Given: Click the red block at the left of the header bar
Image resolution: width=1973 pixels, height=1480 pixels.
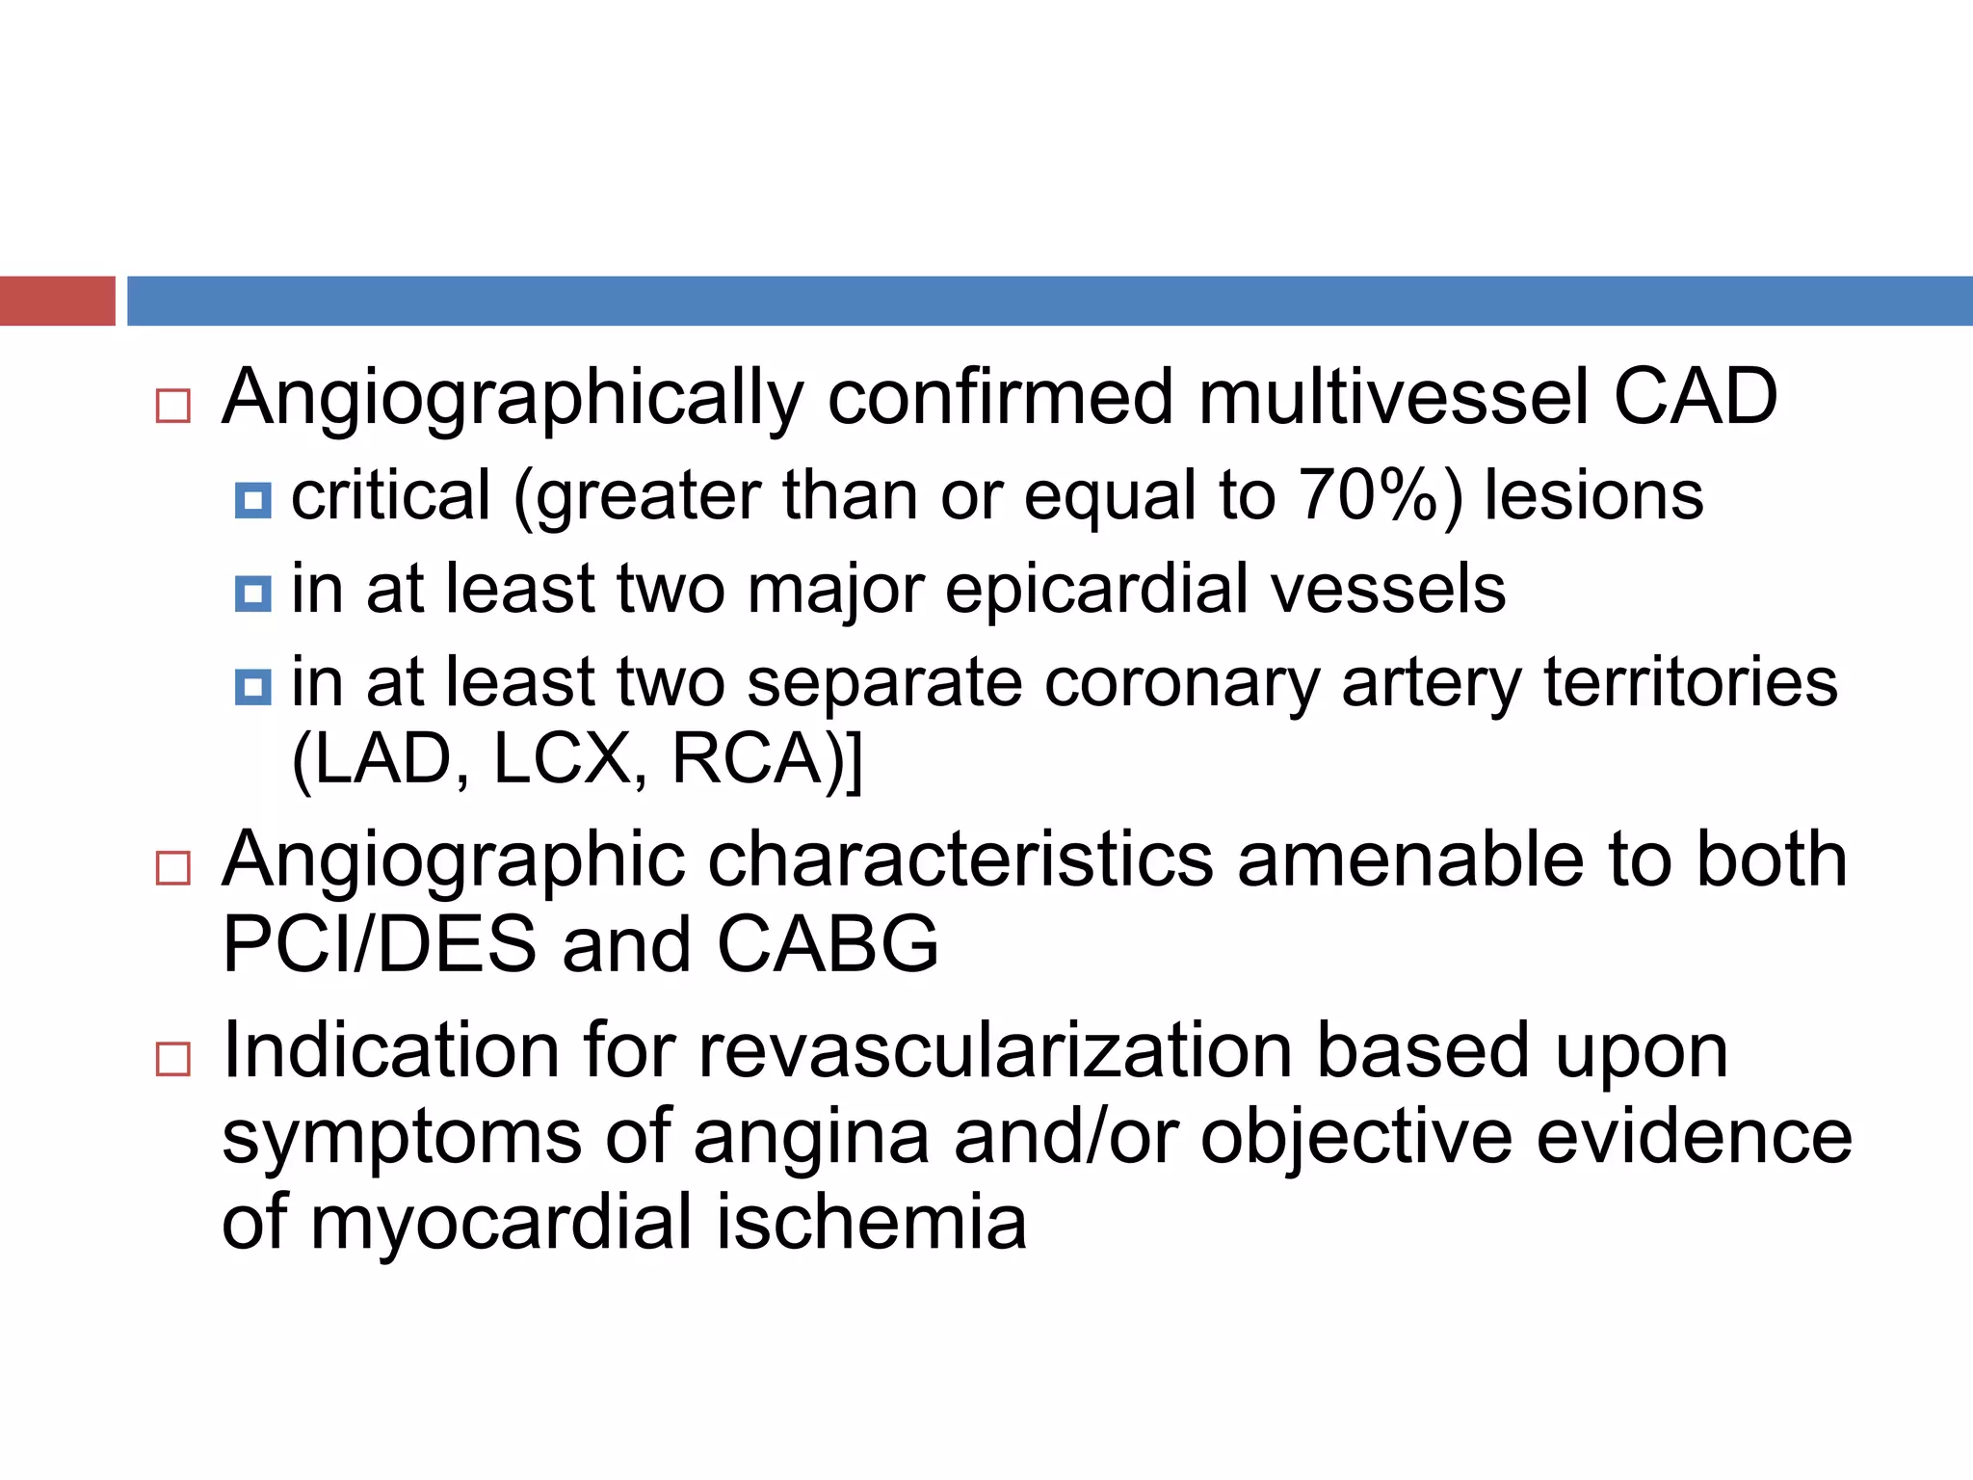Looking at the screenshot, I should [x=57, y=301].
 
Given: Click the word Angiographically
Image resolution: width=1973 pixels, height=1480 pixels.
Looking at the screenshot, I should [x=513, y=398].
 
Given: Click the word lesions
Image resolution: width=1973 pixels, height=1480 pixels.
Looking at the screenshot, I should [x=1593, y=496].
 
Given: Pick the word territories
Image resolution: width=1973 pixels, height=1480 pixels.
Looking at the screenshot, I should [x=1691, y=681].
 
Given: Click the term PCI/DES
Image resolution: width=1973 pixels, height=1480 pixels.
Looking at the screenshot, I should [x=379, y=943].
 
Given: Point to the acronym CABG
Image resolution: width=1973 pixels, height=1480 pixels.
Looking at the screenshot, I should [x=828, y=943].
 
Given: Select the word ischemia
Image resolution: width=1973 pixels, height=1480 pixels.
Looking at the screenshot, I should [x=871, y=1221].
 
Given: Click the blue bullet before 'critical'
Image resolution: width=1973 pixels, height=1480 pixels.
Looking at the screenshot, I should [x=253, y=500].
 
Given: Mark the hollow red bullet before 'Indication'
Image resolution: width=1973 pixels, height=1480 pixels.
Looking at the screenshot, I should [x=173, y=1060].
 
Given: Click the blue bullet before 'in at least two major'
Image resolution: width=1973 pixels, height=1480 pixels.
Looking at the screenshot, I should [x=253, y=593].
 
